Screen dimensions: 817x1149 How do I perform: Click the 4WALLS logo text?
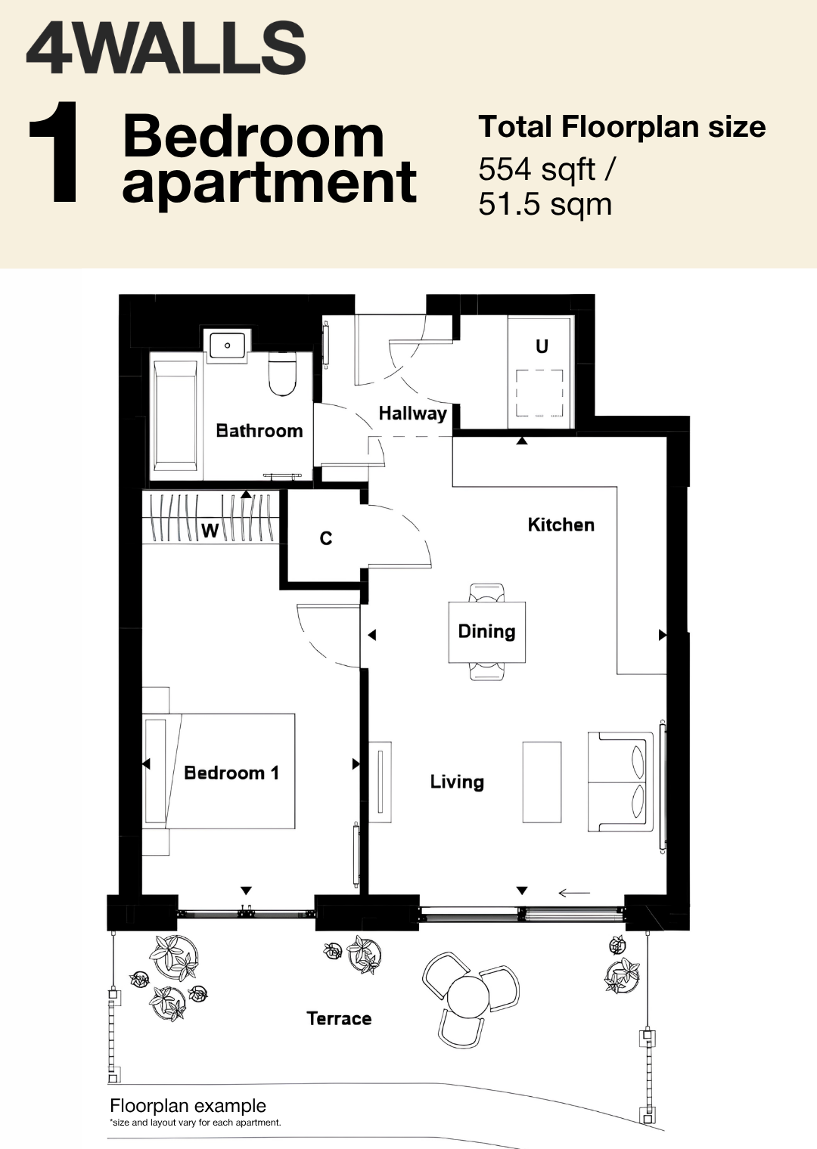pos(166,49)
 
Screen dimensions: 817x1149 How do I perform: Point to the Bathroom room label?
pos(259,430)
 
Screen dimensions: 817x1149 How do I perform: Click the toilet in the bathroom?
pos(283,374)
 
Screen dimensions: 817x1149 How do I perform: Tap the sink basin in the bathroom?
pos(227,344)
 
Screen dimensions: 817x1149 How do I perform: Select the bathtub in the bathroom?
pos(176,416)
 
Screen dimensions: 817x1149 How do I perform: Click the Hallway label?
pos(412,413)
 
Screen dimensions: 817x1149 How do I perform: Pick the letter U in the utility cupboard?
pos(542,347)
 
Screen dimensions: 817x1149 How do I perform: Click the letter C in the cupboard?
pos(326,538)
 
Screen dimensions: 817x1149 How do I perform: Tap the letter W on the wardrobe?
pos(210,531)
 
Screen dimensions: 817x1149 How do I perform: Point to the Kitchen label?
pos(561,525)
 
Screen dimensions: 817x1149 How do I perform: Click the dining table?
pos(487,631)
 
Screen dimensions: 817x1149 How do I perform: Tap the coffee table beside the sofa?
pos(542,782)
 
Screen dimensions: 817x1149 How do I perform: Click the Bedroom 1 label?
pos(231,773)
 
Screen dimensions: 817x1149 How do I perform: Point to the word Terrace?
pos(339,1018)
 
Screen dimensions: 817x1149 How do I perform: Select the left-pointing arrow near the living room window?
pos(574,893)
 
